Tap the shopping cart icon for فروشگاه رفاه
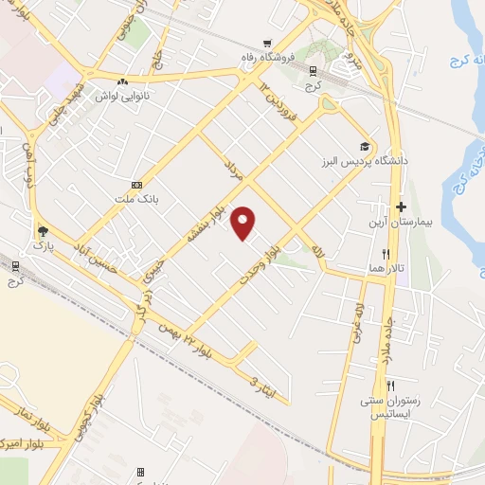click(x=269, y=43)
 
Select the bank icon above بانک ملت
click(x=137, y=185)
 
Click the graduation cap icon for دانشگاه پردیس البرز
click(x=364, y=146)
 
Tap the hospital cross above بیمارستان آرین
click(x=401, y=207)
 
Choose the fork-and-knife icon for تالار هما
click(x=386, y=254)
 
